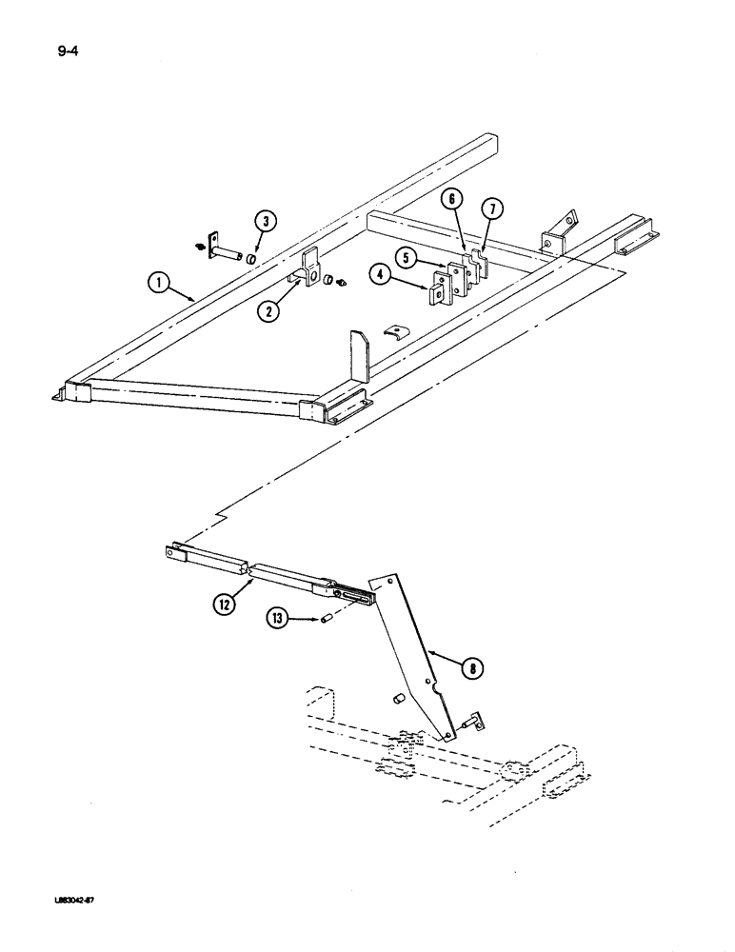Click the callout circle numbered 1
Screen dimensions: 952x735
[160, 281]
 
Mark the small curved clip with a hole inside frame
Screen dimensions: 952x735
[393, 339]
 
